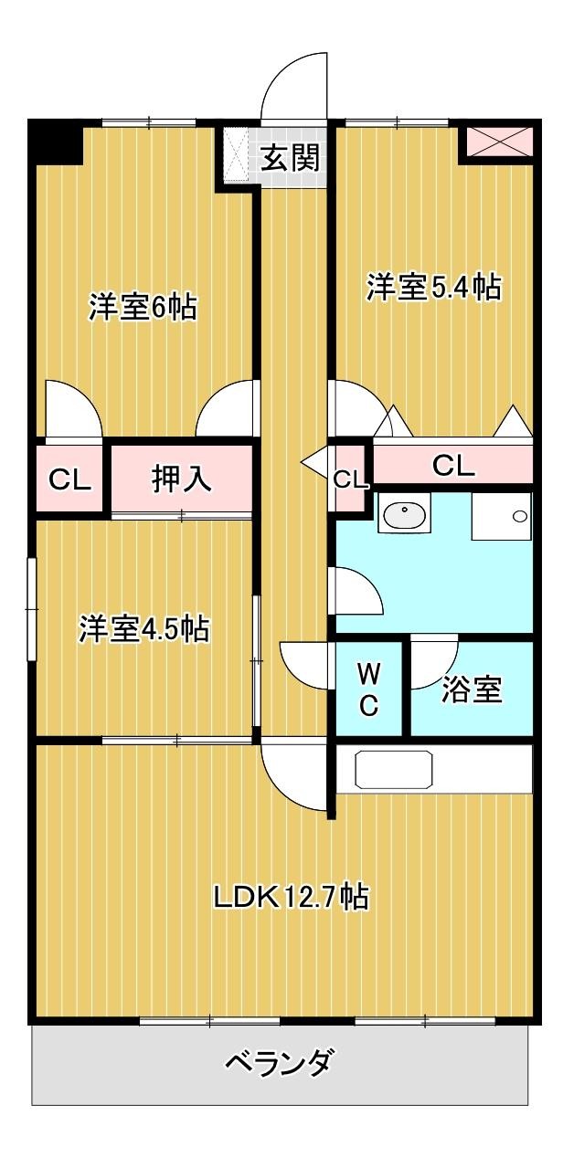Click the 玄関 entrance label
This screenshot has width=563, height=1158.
click(291, 158)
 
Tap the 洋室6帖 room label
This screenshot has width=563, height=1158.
click(142, 308)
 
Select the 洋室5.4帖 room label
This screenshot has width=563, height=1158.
click(433, 287)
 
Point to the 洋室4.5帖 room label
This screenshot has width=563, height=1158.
click(143, 629)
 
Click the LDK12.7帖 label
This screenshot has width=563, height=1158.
click(291, 897)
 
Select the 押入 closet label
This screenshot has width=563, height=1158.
click(181, 479)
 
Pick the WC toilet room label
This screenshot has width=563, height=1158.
click(368, 690)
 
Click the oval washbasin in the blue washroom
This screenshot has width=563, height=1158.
click(402, 516)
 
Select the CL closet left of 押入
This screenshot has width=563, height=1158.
click(70, 479)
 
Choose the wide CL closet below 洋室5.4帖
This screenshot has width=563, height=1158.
click(453, 466)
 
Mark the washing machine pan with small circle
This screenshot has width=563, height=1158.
click(501, 517)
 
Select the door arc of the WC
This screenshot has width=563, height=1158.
click(306, 667)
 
